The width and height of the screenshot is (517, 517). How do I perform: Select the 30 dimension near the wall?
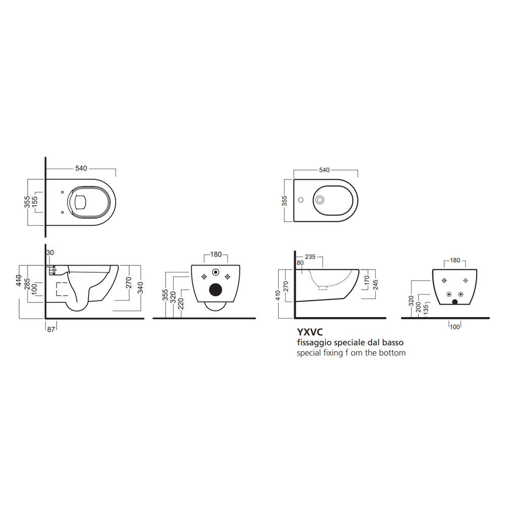[49, 252]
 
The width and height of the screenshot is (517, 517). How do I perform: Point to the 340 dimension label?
[141, 287]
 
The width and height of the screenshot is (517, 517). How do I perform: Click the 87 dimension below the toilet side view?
[50, 329]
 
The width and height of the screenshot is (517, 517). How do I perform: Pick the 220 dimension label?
[180, 304]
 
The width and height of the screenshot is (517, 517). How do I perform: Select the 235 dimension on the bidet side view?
[311, 257]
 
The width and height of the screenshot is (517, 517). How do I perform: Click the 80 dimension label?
[300, 263]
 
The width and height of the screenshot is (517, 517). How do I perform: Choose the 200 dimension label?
[419, 307]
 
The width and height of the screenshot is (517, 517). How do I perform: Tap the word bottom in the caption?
[393, 353]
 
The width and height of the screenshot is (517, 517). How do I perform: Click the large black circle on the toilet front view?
[216, 290]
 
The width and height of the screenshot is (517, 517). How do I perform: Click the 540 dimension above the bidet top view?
[325, 170]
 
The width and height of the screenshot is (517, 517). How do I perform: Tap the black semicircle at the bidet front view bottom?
[455, 302]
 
